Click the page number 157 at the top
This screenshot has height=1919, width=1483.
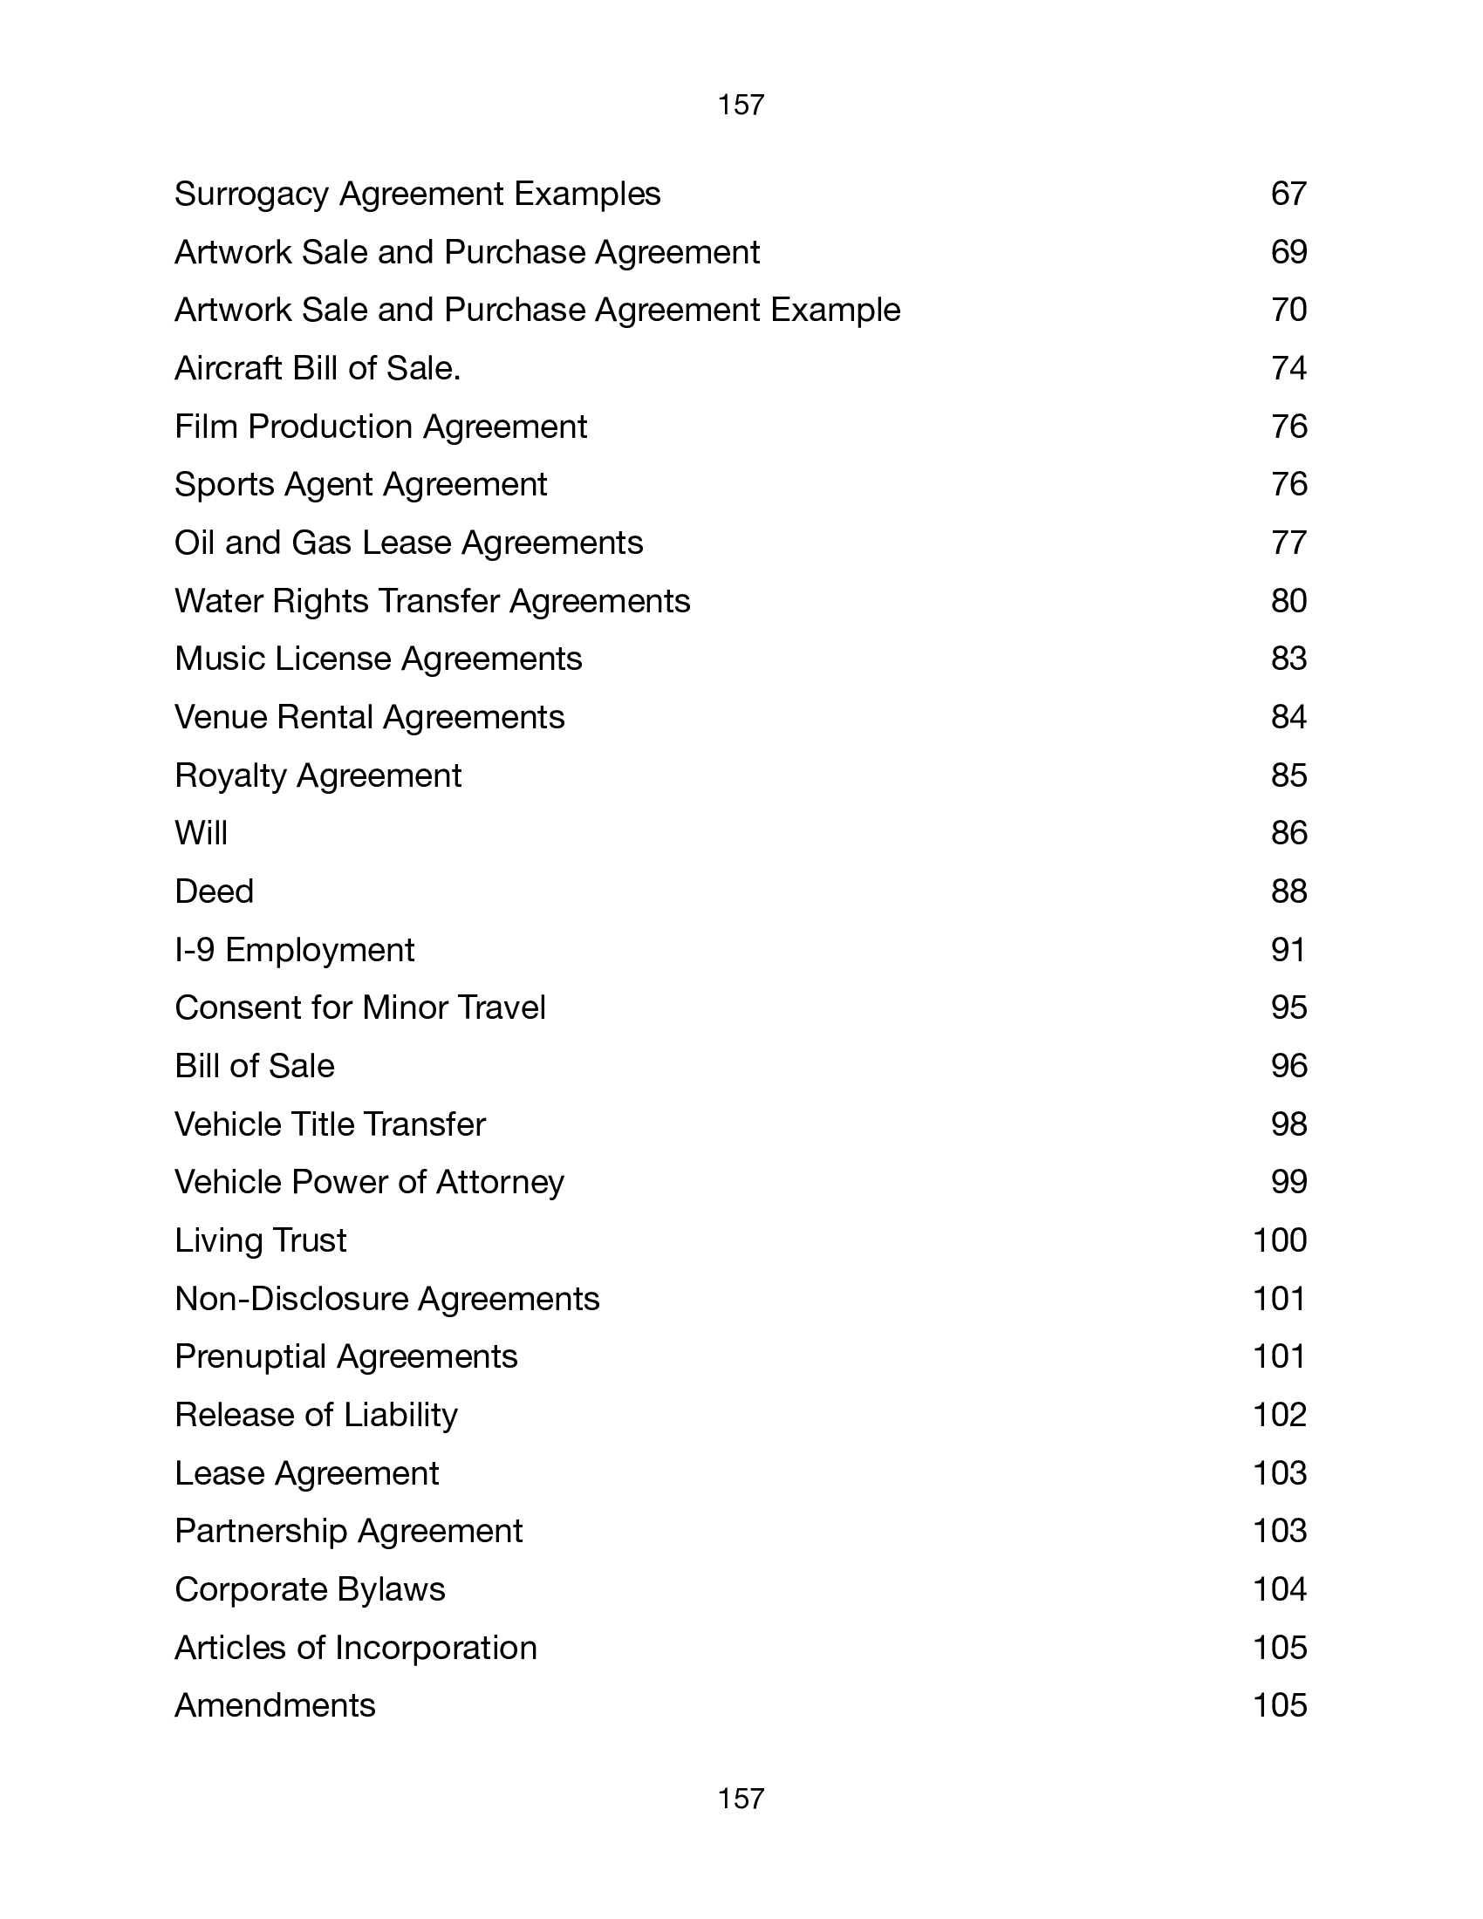(x=741, y=106)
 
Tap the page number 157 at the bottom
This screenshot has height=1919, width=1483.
(x=741, y=1799)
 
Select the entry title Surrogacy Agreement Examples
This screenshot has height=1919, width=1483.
(x=417, y=195)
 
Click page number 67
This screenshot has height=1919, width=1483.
(x=1288, y=195)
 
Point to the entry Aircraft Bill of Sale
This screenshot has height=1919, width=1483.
(x=318, y=368)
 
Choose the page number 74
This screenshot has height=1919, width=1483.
(x=1288, y=368)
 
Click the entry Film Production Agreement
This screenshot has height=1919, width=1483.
(x=380, y=427)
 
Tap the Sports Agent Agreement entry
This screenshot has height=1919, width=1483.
(x=360, y=485)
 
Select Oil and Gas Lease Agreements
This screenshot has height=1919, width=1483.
(x=408, y=543)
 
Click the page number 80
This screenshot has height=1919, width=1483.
(x=1288, y=601)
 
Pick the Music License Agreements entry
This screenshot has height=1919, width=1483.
(x=378, y=659)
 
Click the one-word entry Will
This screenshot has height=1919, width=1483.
(x=202, y=833)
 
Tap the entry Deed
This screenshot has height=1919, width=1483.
(x=214, y=891)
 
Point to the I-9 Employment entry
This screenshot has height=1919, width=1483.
(x=294, y=950)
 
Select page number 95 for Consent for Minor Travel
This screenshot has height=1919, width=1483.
(x=1288, y=1007)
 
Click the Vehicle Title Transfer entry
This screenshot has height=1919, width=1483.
(x=330, y=1124)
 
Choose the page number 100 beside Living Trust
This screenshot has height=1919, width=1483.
(x=1279, y=1240)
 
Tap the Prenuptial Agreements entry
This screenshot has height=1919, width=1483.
(x=346, y=1356)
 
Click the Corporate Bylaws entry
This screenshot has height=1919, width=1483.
(x=310, y=1589)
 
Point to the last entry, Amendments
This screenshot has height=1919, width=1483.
(x=275, y=1705)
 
